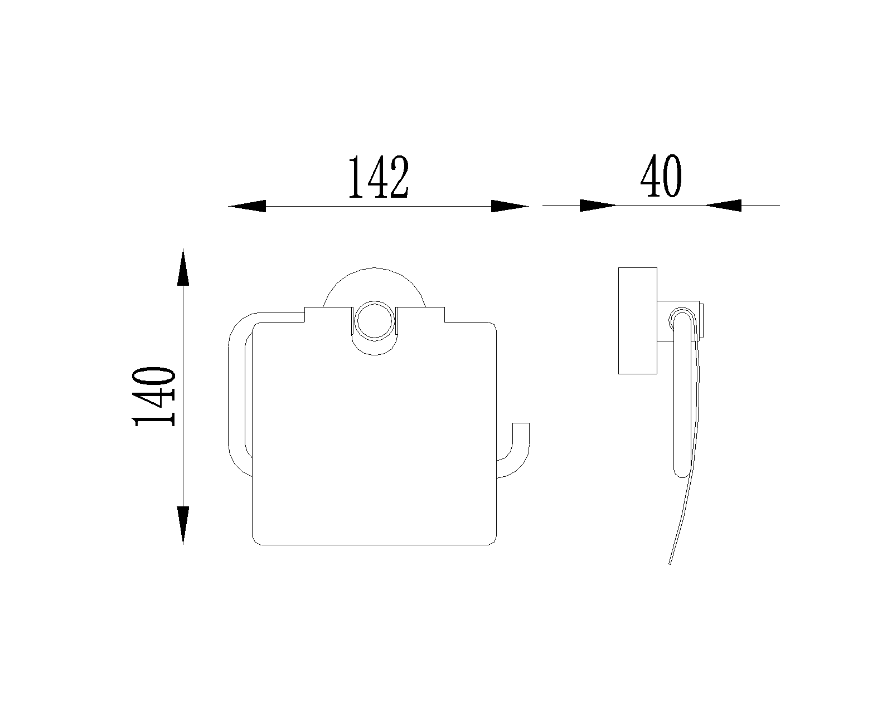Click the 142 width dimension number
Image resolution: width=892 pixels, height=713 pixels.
[379, 177]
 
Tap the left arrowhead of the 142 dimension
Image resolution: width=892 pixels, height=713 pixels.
[247, 206]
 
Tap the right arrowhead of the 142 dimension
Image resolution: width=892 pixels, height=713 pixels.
[510, 206]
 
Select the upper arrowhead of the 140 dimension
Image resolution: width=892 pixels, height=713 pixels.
[183, 267]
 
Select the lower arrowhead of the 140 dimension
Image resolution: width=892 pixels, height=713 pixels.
[183, 525]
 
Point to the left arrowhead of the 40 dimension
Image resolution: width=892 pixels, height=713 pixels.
[598, 205]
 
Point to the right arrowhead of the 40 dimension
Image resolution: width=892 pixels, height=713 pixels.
[723, 205]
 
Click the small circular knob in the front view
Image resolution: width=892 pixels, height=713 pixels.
[374, 321]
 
